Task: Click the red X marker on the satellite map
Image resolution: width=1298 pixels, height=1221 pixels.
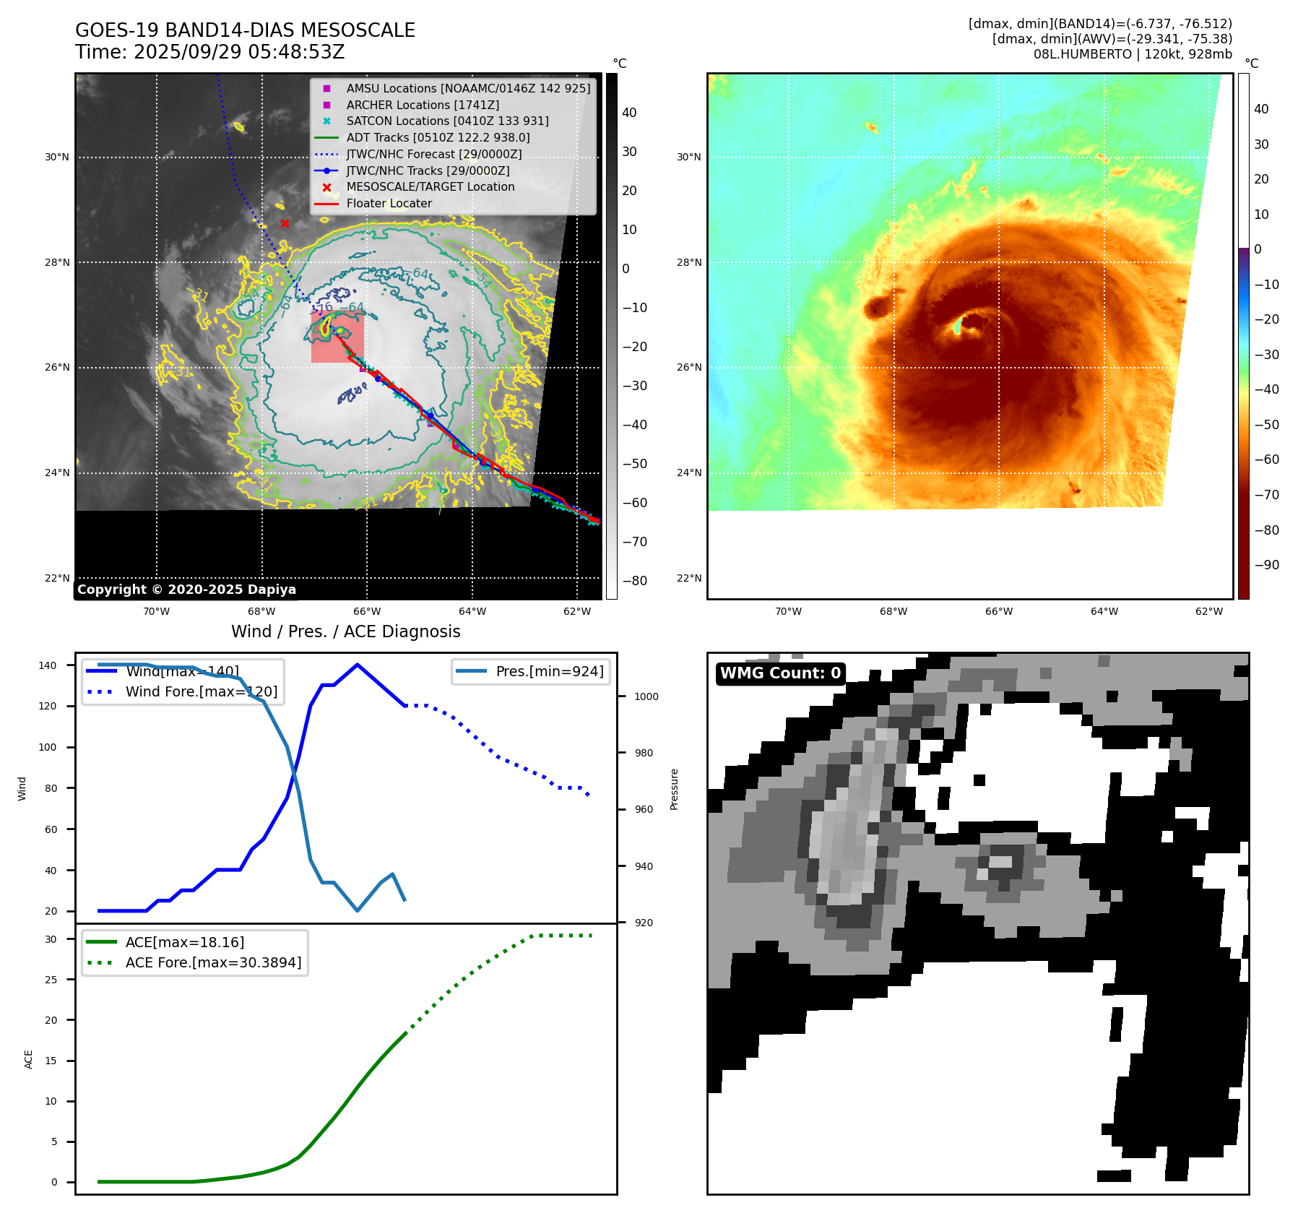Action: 285,223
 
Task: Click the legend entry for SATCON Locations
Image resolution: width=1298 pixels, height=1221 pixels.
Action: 447,121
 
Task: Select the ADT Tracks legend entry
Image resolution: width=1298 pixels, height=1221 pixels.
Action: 438,137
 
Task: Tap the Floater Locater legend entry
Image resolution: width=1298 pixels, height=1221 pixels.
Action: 389,203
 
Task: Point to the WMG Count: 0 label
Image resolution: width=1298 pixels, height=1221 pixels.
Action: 780,673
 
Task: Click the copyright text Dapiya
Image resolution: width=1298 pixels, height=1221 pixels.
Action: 186,590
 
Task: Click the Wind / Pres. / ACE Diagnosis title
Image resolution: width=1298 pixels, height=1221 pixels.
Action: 345,631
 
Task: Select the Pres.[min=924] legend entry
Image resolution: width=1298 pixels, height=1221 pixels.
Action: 549,671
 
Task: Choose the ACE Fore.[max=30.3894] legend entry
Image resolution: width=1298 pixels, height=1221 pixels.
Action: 213,962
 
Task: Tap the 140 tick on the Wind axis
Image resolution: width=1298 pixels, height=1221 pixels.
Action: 48,665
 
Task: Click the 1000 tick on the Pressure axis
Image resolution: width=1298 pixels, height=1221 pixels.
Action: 646,696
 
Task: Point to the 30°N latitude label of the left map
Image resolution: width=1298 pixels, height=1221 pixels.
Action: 57,157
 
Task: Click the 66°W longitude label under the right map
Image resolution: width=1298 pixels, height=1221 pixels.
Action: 998,611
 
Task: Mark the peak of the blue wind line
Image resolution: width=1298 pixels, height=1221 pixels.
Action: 358,665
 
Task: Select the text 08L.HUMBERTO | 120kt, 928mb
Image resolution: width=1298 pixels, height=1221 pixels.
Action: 1132,54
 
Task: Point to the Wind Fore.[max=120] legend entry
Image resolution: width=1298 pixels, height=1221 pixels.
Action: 201,691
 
